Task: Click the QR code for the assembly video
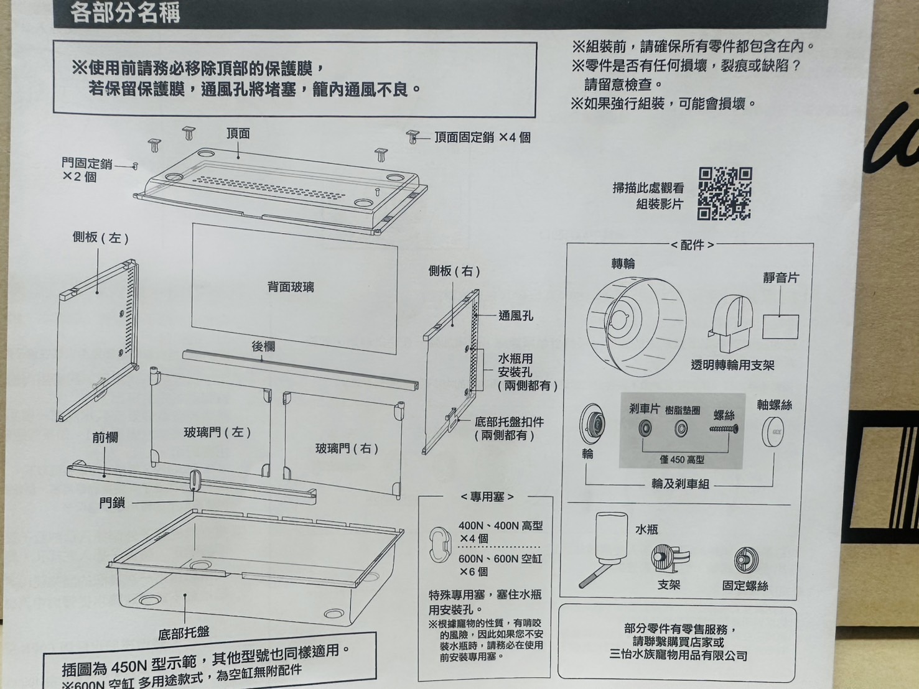(724, 193)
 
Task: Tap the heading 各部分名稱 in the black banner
(125, 12)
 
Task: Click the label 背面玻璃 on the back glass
(291, 287)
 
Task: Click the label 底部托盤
(184, 634)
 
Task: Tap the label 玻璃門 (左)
(217, 432)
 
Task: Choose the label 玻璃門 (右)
(347, 448)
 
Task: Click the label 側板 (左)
(100, 238)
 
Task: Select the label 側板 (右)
(454, 271)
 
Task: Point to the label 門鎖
(112, 502)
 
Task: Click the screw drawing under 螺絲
(724, 429)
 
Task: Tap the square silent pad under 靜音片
(780, 326)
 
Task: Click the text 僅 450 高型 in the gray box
(682, 460)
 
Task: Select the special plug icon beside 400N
(440, 545)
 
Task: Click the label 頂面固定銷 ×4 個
(482, 137)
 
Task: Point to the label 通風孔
(515, 316)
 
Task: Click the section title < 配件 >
(692, 245)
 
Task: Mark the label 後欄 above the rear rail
(263, 346)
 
